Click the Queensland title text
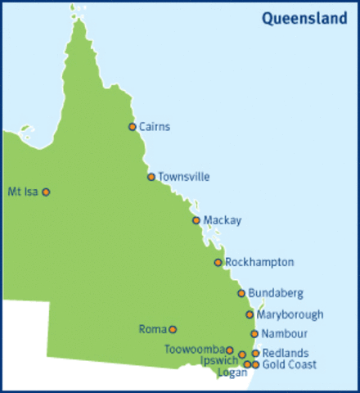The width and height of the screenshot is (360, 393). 304,18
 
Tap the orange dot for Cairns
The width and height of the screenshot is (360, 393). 133,126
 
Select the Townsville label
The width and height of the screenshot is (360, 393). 184,177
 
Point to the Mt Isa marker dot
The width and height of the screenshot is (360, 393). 46,192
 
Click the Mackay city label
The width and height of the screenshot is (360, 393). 223,220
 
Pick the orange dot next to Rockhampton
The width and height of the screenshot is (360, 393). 218,262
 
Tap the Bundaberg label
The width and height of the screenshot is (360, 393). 276,292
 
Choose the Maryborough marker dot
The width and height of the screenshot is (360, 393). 250,314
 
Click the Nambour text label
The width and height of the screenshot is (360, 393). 285,333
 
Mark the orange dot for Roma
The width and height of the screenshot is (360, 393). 173,329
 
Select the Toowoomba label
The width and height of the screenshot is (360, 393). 193,350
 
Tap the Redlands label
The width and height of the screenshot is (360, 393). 286,353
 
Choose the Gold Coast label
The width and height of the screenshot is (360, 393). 290,364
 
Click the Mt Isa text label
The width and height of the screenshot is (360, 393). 22,192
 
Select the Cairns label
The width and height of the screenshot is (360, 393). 155,126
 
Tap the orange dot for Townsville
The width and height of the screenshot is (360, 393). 151,177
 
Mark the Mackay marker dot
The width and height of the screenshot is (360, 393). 196,220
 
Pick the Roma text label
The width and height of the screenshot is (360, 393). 152,329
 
